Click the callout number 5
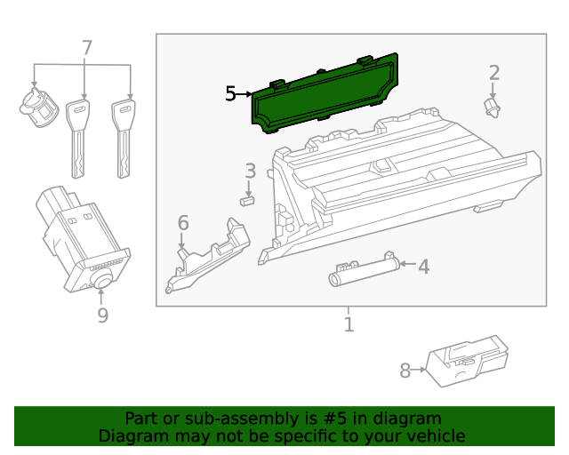click(230, 93)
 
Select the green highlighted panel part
click(325, 93)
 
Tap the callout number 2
click(494, 73)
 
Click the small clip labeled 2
click(490, 108)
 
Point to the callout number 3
click(251, 171)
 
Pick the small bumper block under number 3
click(247, 201)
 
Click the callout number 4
click(424, 266)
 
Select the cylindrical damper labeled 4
click(361, 269)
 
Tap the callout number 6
click(183, 222)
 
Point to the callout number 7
click(86, 48)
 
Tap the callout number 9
click(102, 315)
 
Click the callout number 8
click(405, 371)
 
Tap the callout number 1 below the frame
click(349, 325)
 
